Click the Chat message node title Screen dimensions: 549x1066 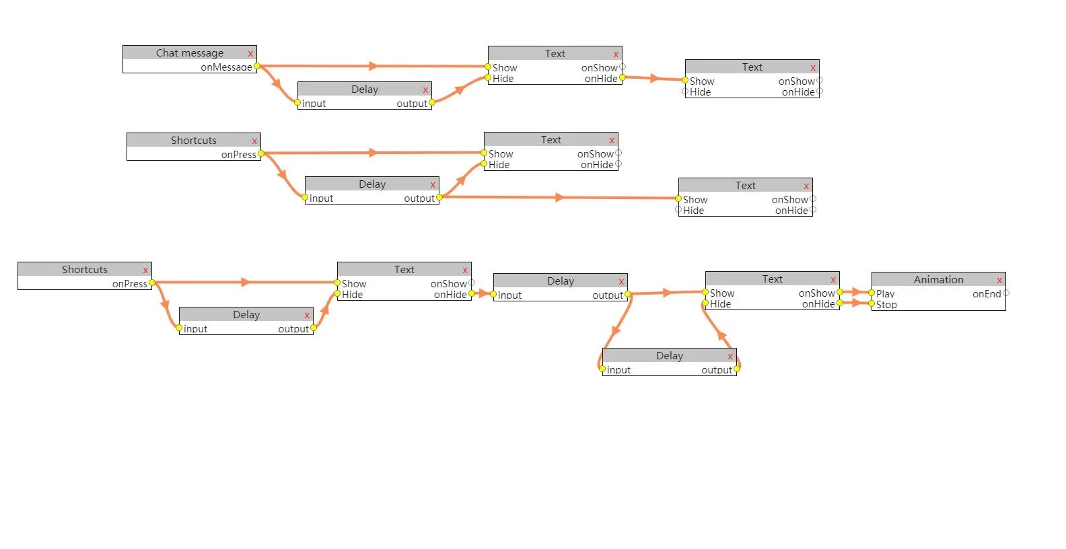click(x=189, y=53)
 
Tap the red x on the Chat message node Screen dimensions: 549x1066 click(x=250, y=54)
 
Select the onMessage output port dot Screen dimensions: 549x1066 click(x=257, y=66)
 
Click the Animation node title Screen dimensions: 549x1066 click(x=938, y=280)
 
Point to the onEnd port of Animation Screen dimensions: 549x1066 click(x=1005, y=293)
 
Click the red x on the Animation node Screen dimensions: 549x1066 click(x=999, y=281)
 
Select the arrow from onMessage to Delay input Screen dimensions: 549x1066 click(x=276, y=83)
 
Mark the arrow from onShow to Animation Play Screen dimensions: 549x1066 click(x=856, y=293)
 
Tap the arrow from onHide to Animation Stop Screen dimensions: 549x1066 click(x=856, y=303)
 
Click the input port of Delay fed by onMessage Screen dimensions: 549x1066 click(x=297, y=102)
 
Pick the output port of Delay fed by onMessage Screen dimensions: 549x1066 click(x=432, y=102)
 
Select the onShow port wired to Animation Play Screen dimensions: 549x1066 click(x=840, y=293)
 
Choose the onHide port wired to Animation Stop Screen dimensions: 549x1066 click(x=840, y=303)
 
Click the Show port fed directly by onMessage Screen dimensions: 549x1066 click(x=488, y=67)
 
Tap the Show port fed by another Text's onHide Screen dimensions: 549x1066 click(x=685, y=80)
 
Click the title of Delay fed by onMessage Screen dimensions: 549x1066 click(x=365, y=89)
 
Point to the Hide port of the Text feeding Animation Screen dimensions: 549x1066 click(x=705, y=303)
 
